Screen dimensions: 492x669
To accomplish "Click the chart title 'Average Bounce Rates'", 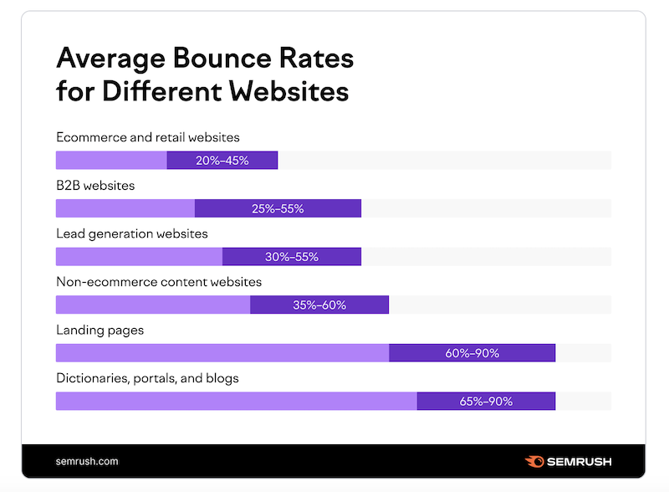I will coord(204,60).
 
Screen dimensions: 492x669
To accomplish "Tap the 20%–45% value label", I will coord(222,161).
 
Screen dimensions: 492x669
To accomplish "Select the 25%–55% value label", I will coord(278,208).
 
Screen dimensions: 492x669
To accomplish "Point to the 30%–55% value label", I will coord(292,257).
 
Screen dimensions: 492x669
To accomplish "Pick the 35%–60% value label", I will coord(319,305).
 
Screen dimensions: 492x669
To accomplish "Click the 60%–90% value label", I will coord(472,353).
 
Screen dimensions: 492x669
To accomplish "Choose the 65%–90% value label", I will coord(486,402).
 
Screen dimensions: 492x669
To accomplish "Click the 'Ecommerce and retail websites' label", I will coord(148,136).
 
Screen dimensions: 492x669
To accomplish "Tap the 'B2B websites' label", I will coord(95,185).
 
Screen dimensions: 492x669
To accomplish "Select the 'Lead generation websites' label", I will coord(132,233).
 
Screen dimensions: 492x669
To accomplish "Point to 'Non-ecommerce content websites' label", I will coord(159,282).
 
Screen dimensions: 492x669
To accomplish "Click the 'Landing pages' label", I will coord(100,330).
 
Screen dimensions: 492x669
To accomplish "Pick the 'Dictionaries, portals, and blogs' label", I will coord(147,378).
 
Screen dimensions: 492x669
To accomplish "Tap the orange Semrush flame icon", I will coord(535,461).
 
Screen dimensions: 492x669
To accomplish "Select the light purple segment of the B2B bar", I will coord(125,208).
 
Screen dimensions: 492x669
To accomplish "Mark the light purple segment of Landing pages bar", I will coord(222,353).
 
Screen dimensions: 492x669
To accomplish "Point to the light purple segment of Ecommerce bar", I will coord(110,161).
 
